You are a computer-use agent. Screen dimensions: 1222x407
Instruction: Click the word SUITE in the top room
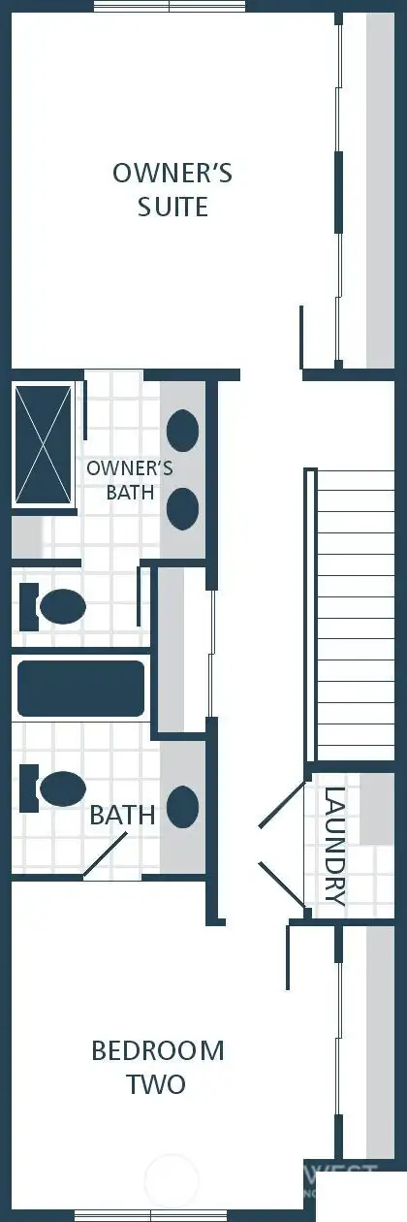(172, 207)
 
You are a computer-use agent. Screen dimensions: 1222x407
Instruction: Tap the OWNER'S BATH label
(130, 480)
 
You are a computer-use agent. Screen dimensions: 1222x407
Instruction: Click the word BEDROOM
(157, 1050)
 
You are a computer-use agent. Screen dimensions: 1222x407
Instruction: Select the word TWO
(156, 1083)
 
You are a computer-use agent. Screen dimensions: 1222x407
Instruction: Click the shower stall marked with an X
(44, 445)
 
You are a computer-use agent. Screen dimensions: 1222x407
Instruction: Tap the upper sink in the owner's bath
(183, 429)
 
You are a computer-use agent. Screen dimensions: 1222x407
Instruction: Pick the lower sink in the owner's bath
(183, 507)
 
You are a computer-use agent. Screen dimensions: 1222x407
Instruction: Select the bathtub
(80, 688)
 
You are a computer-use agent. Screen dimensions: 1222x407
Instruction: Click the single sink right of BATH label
(183, 806)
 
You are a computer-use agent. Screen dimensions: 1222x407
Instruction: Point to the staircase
(355, 614)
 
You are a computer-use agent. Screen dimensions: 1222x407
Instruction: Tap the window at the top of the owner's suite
(169, 6)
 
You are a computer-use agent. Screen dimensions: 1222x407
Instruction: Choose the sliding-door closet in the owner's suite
(353, 194)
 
